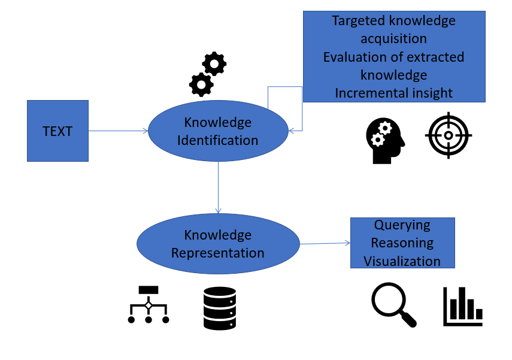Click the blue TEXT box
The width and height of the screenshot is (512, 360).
[x=57, y=131]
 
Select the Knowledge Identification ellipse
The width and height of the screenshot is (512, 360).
[x=218, y=131]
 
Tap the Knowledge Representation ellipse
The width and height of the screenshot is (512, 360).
[x=218, y=244]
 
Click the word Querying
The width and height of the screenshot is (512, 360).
[x=402, y=225]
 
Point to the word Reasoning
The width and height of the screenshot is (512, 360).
[x=402, y=243]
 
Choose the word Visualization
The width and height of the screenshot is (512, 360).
[x=402, y=261]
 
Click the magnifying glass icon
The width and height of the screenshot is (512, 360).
[x=393, y=304]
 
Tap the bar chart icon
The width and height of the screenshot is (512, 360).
[x=463, y=306]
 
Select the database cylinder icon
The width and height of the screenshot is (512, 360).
[x=220, y=308]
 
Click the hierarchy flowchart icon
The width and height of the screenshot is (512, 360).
[x=149, y=304]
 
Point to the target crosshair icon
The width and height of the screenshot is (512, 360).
[x=449, y=135]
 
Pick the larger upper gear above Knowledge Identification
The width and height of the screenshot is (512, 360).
[x=214, y=63]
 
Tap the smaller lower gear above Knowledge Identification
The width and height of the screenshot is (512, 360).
[x=201, y=84]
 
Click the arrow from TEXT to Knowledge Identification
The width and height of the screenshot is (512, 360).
[x=118, y=131]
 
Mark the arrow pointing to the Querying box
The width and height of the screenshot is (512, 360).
[x=325, y=243]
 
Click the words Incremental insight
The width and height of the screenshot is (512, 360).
[x=393, y=93]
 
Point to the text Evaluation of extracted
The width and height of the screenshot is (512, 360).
[x=393, y=57]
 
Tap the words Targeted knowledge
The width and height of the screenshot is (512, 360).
[x=393, y=21]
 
